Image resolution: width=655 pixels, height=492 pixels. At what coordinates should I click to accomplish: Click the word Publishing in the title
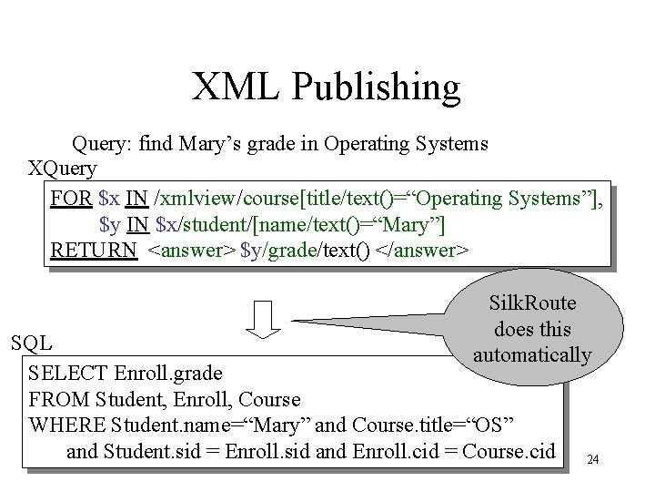coord(377,87)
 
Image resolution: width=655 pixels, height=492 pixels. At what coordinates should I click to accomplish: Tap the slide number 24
coord(593,460)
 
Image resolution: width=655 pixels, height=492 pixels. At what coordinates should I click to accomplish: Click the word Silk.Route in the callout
coord(532,303)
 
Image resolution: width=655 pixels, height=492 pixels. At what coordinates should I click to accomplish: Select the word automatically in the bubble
coord(532,354)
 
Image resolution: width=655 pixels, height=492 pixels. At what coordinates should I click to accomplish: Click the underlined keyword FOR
coord(71,198)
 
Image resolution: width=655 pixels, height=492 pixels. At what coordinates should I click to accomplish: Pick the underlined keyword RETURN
coord(94,250)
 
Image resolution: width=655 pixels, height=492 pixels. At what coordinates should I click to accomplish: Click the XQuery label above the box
coord(63,169)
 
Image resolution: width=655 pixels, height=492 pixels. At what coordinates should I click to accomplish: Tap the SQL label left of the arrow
coord(31,343)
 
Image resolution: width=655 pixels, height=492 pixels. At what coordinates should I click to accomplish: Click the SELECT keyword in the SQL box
coord(68,373)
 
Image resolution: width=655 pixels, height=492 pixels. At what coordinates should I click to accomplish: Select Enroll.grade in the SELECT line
coord(168,373)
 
